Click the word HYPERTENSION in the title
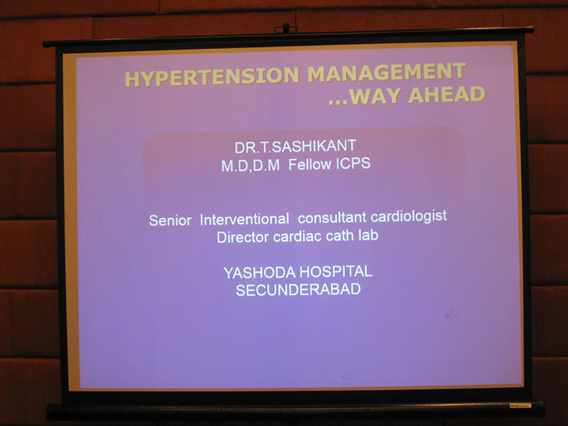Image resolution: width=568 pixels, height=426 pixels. [212, 77]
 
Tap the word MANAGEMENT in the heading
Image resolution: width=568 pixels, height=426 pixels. [387, 72]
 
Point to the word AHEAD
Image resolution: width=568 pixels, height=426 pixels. [447, 94]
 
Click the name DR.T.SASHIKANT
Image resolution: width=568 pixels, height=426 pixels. [295, 146]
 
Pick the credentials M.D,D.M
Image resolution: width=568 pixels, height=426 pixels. [251, 165]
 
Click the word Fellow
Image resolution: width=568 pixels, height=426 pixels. [310, 164]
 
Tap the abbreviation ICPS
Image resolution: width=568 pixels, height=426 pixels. [353, 163]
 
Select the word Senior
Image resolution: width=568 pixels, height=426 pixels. [170, 220]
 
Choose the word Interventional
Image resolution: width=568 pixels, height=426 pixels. [244, 219]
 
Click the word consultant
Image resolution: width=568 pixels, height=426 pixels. [332, 217]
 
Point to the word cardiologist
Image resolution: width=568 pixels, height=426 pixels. [409, 217]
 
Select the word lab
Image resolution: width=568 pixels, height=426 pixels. [368, 235]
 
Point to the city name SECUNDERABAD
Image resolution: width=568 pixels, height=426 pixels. [298, 290]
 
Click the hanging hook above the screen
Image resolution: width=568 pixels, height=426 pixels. [285, 28]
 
